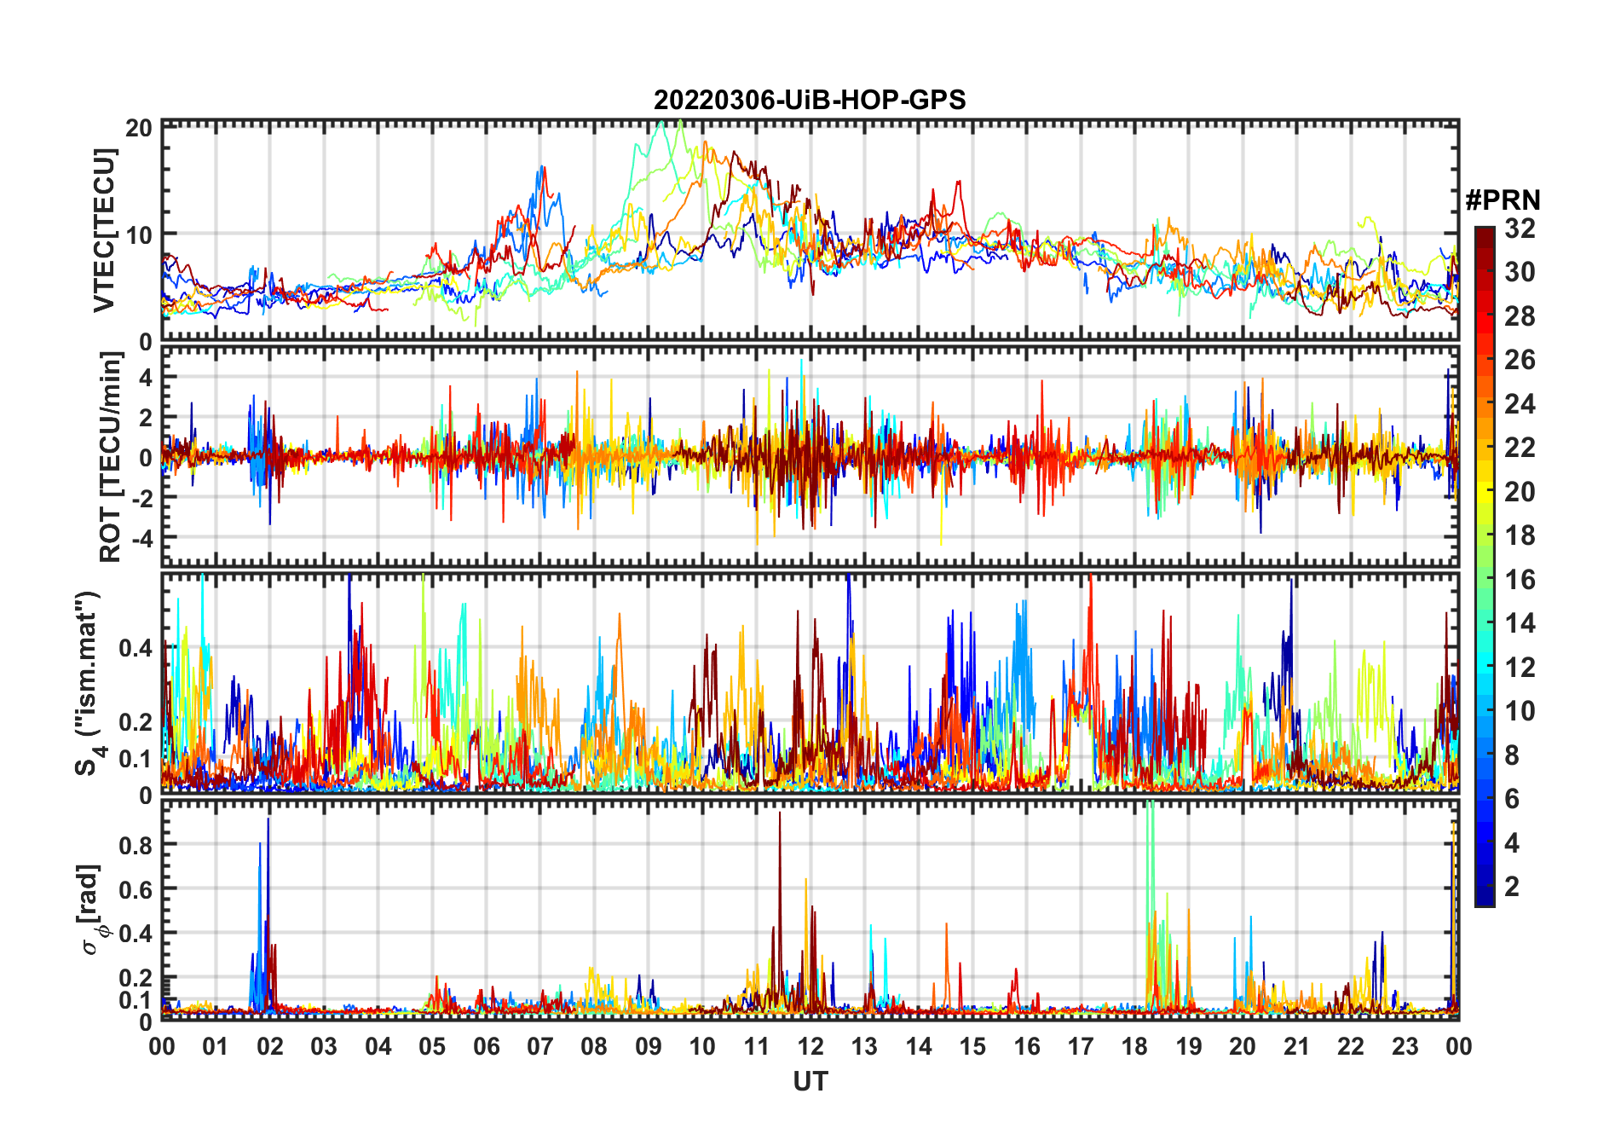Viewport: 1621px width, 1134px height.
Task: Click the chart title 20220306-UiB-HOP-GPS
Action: tap(810, 101)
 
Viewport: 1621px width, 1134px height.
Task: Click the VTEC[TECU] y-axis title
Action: tap(104, 230)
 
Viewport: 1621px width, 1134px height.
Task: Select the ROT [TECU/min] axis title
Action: tap(110, 457)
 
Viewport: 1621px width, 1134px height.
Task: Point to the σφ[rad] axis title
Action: tap(93, 910)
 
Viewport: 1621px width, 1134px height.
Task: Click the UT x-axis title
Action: tap(810, 1082)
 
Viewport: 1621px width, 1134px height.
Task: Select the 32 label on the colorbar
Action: tap(1520, 229)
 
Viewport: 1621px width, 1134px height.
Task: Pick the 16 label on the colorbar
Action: tap(1520, 580)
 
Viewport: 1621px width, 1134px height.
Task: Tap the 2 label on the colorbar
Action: tap(1512, 887)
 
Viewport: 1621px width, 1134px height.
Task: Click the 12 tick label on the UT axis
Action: tap(810, 1046)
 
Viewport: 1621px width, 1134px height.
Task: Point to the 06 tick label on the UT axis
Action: tap(486, 1046)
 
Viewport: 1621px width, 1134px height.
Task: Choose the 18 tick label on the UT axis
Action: tap(1134, 1046)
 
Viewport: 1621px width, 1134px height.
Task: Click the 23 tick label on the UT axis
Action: tap(1405, 1046)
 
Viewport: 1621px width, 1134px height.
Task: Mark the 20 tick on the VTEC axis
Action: tap(139, 128)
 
